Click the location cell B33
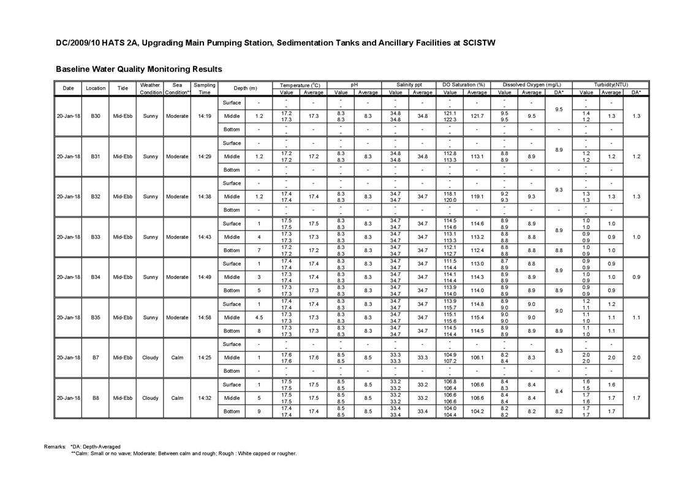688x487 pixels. point(96,237)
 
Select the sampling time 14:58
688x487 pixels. point(205,318)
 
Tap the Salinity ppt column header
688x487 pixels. point(409,85)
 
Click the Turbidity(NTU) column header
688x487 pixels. point(611,85)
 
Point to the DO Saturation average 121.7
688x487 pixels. point(477,116)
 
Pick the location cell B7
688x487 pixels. point(96,358)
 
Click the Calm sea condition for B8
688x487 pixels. point(177,398)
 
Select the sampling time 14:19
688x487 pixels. point(205,116)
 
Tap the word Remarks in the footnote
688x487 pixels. point(55,447)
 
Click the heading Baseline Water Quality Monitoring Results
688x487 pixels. point(138,69)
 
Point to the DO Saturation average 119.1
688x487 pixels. point(477,197)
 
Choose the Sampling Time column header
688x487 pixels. point(205,88)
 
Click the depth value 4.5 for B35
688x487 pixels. point(259,318)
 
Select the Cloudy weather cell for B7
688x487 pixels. point(150,358)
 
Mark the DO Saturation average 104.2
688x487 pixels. point(477,412)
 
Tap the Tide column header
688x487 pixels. point(123,88)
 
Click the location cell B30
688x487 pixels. point(96,116)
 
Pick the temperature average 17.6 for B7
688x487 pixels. point(313,358)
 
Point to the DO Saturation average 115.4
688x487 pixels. point(477,318)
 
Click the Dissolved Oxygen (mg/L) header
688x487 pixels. point(531,85)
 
